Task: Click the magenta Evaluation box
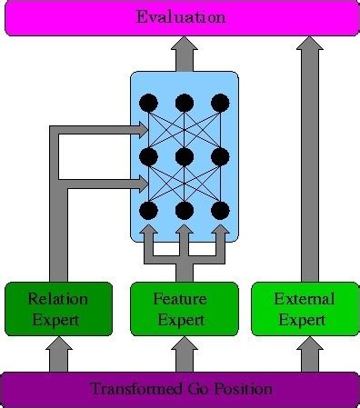click(x=180, y=18)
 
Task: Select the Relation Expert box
click(x=59, y=309)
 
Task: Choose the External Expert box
click(x=305, y=309)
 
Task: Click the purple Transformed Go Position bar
click(x=180, y=389)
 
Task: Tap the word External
click(x=305, y=299)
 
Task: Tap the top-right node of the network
click(x=219, y=102)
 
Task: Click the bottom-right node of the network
click(x=219, y=211)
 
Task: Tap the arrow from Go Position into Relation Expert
click(x=59, y=354)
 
